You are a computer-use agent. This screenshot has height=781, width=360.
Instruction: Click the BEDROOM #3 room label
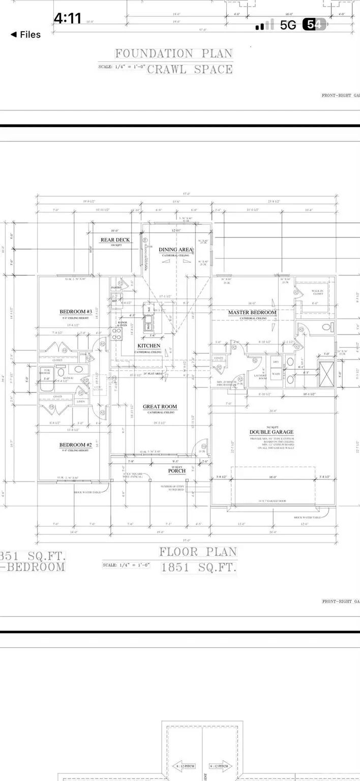75,311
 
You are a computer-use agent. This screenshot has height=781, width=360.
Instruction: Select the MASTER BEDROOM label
252,312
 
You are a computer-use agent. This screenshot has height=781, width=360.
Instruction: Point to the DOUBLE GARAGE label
271,432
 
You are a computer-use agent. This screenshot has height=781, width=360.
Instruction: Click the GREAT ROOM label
160,406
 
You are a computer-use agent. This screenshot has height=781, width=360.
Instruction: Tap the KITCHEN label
148,346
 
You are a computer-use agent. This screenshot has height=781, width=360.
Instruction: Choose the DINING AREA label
176,249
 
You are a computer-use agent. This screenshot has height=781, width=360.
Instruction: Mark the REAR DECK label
115,240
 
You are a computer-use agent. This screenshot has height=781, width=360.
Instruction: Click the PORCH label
176,470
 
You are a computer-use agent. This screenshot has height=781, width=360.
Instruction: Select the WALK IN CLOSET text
318,293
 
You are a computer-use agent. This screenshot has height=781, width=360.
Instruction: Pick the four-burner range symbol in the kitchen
116,334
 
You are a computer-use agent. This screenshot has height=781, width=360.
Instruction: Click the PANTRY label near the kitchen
116,288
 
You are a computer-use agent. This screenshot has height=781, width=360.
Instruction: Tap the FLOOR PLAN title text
199,552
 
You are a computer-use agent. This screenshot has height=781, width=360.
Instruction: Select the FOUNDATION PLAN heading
173,53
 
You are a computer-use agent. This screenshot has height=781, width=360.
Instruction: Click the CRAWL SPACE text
190,70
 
